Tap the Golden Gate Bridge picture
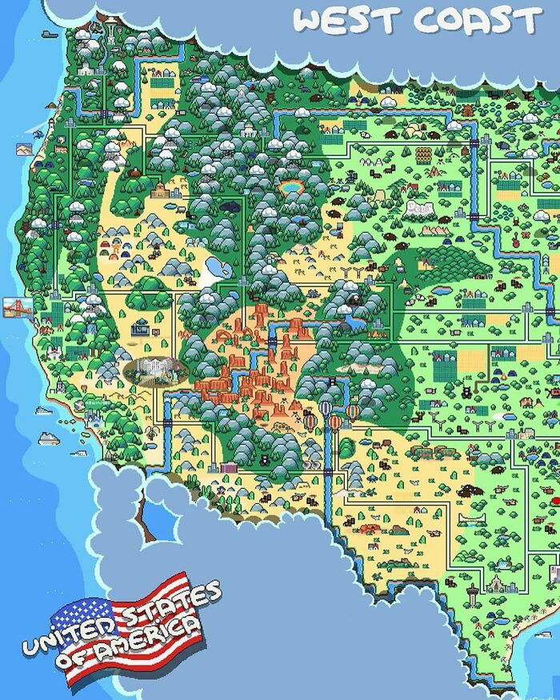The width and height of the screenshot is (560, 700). pyautogui.click(x=18, y=307)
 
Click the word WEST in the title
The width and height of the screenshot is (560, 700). pyautogui.click(x=337, y=21)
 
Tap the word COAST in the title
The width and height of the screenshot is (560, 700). pyautogui.click(x=472, y=21)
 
